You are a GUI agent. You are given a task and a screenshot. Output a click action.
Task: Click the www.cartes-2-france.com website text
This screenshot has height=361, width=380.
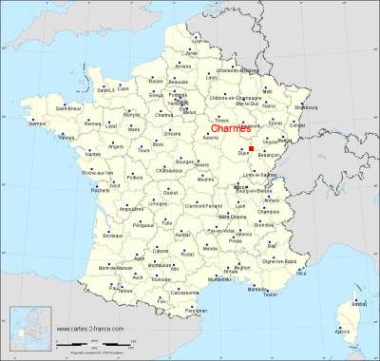(x=93, y=329)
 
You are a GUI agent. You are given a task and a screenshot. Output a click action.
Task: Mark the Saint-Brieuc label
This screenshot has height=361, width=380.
(x=50, y=108)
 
